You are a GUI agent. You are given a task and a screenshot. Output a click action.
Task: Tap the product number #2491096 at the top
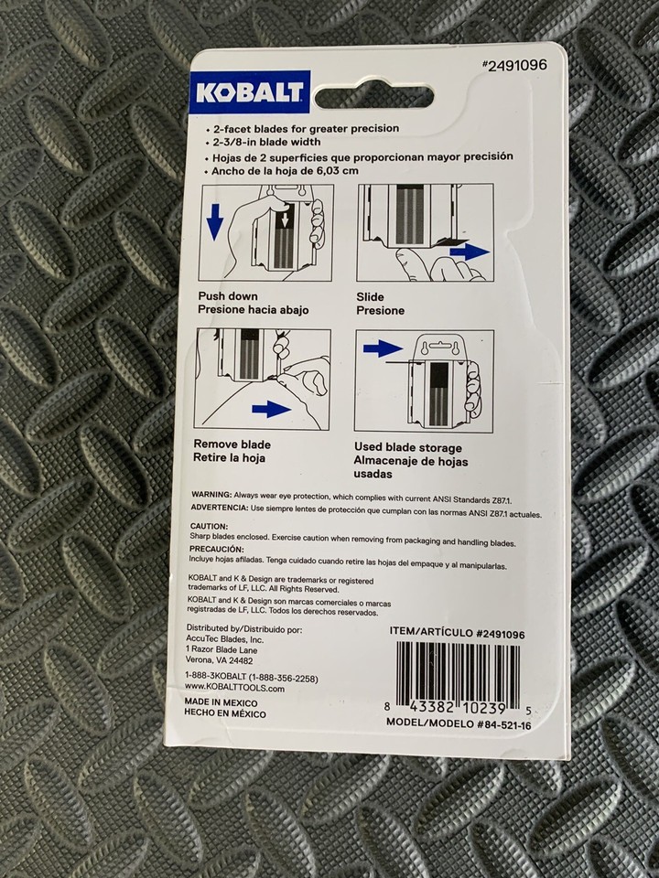[x=515, y=66]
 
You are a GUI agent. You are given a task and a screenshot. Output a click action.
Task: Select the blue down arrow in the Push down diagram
[x=214, y=221]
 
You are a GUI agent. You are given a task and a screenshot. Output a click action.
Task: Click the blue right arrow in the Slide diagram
[x=468, y=251]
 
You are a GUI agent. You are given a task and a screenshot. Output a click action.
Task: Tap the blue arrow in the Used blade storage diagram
[x=382, y=348]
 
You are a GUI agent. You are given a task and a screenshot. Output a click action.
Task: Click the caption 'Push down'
[x=226, y=296]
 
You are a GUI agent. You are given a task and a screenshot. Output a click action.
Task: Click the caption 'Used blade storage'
[x=407, y=447]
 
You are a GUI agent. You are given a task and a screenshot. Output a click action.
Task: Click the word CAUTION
[x=210, y=526]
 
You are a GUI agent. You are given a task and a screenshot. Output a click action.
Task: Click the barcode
[x=458, y=676]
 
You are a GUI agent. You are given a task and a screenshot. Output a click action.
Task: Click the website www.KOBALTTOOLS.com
[x=234, y=688]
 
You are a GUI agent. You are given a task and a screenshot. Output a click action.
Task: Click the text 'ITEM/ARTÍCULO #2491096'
[x=457, y=633]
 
